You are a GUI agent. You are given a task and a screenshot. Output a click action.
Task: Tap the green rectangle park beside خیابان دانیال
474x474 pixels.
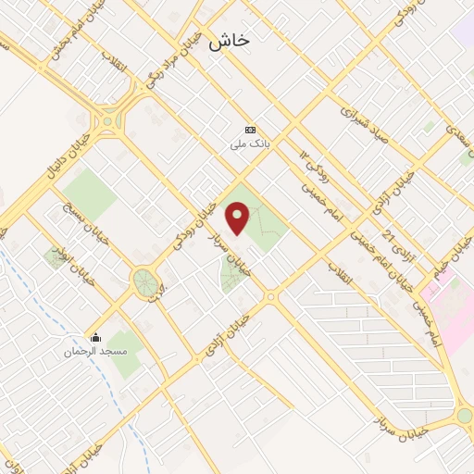[90, 193]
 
